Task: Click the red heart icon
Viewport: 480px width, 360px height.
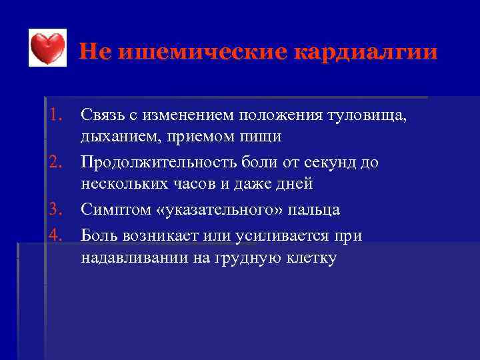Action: point(48,49)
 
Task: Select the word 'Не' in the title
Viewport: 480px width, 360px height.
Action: point(96,52)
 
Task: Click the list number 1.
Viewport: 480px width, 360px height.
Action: point(56,115)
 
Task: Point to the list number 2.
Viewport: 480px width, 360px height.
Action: point(56,163)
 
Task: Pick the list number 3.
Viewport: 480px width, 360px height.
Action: point(56,210)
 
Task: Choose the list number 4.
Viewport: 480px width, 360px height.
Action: point(56,235)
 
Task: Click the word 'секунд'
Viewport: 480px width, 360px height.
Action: point(331,163)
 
